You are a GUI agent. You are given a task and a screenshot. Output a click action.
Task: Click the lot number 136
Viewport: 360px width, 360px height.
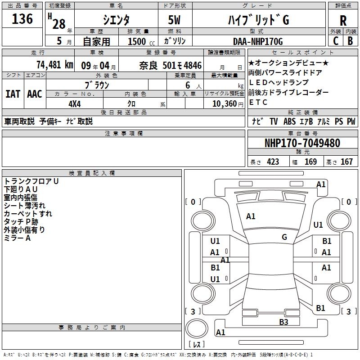pos(22,19)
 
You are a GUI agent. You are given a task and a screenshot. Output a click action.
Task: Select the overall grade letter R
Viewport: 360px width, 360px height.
pos(343,20)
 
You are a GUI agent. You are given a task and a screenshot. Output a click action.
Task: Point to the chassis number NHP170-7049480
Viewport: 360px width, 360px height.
pos(302,144)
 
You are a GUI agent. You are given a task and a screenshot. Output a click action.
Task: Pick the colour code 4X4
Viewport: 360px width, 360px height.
pos(74,103)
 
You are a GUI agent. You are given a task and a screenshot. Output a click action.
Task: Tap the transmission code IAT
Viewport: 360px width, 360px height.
pos(13,94)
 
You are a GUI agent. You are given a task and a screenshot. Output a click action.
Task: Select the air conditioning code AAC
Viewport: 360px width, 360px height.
pos(35,94)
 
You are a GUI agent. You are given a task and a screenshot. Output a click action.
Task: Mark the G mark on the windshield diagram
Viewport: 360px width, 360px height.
pos(284,237)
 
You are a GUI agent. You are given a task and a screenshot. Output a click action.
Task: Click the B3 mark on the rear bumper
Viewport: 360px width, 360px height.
pos(283,322)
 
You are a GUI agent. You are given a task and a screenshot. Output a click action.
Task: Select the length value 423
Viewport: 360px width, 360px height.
pos(273,162)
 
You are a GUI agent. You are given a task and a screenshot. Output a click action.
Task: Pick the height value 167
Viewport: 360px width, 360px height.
pos(346,162)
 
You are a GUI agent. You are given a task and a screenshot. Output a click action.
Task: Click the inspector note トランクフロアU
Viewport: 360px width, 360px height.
pos(31,181)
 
